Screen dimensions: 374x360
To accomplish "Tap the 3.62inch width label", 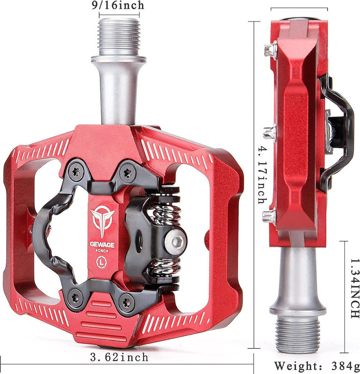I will tap(120, 357).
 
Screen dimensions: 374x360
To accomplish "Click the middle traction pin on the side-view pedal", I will tap(269, 132).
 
